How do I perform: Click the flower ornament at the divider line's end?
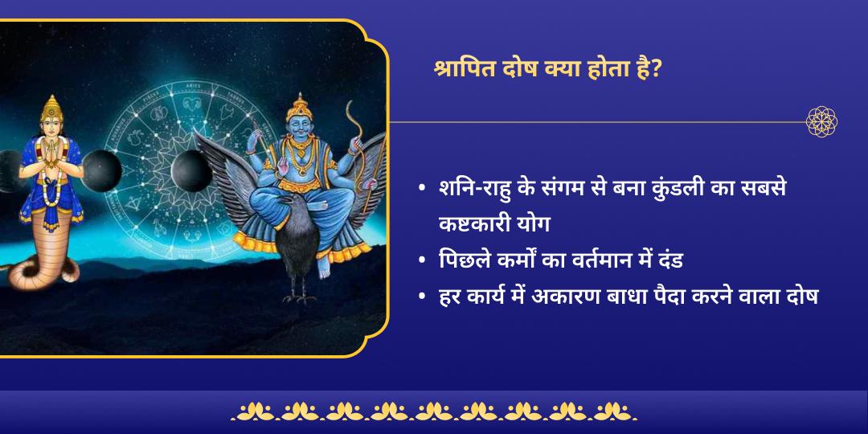pos(821,122)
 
